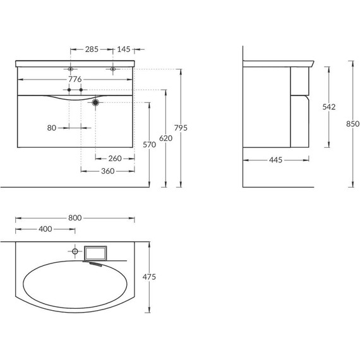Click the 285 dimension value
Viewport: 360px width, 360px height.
(x=92, y=48)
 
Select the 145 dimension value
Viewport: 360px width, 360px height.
(x=124, y=48)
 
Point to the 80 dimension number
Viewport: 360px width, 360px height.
(x=52, y=128)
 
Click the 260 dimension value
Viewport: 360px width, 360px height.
(x=115, y=159)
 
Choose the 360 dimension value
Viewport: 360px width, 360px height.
(x=107, y=171)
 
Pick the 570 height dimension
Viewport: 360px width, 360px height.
(x=148, y=145)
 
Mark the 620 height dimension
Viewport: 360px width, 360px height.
(x=165, y=137)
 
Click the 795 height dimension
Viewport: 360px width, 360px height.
(x=181, y=128)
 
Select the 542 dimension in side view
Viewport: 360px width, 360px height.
(x=328, y=108)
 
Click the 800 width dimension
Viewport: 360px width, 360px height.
(x=75, y=217)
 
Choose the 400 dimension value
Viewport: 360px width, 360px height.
(x=45, y=229)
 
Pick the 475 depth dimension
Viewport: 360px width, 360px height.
(x=149, y=277)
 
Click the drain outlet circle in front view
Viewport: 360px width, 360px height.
(x=95, y=102)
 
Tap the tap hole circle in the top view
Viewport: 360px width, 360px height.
(x=75, y=251)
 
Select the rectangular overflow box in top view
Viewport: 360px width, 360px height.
(x=97, y=253)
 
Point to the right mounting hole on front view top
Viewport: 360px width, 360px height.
(x=113, y=68)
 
